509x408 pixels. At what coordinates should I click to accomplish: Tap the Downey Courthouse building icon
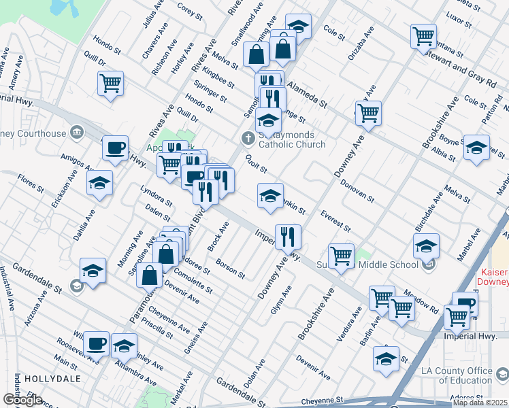point(77,132)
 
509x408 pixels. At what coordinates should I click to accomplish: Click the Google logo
point(22,400)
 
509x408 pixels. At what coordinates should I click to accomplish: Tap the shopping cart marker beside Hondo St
point(110,84)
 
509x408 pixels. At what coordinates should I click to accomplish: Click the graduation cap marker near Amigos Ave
point(100,182)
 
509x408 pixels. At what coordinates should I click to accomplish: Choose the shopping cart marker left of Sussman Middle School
point(341,256)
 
